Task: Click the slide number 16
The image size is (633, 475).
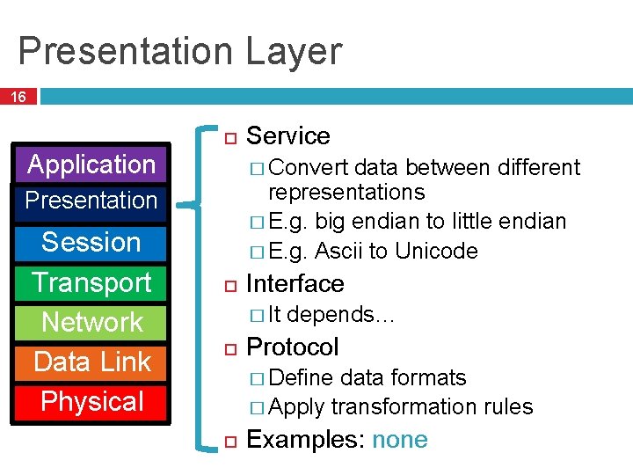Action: pos(18,97)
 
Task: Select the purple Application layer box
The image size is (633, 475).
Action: pos(91,164)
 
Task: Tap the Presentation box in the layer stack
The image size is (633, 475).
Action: pos(91,201)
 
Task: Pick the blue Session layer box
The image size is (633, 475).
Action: pos(91,242)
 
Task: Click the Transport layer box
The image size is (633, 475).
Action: pos(91,282)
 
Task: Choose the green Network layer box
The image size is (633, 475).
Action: pos(91,322)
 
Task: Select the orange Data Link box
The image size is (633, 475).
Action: pos(91,362)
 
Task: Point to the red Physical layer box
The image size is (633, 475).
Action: pos(91,402)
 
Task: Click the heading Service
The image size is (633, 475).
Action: pos(287,136)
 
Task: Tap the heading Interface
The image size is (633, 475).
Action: pos(295,284)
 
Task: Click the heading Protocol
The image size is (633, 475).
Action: pos(292,347)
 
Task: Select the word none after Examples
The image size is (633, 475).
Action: pos(399,440)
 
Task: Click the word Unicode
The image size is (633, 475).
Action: pos(436,252)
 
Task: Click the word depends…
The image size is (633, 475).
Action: pos(341,315)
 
